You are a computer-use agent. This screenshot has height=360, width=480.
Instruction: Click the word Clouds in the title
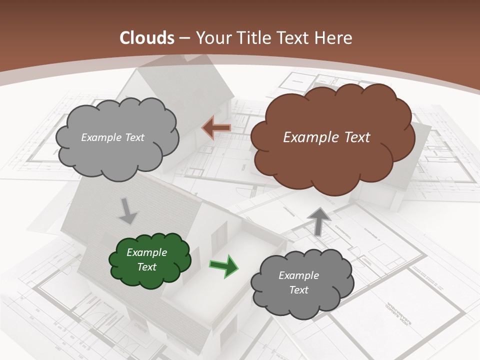click(147, 38)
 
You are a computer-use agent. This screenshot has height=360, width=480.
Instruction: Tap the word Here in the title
click(335, 38)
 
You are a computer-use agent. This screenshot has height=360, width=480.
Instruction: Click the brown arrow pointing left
click(216, 127)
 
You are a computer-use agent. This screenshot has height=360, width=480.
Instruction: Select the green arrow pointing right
click(223, 265)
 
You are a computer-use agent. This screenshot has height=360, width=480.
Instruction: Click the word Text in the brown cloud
click(356, 137)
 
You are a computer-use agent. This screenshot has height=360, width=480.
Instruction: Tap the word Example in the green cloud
click(146, 252)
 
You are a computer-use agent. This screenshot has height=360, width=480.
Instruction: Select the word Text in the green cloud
click(146, 267)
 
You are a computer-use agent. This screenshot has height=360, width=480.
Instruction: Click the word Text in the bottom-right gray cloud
click(298, 290)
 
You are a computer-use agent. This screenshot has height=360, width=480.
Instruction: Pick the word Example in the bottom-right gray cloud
click(298, 275)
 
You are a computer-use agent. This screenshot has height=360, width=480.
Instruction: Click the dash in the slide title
click(183, 38)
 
